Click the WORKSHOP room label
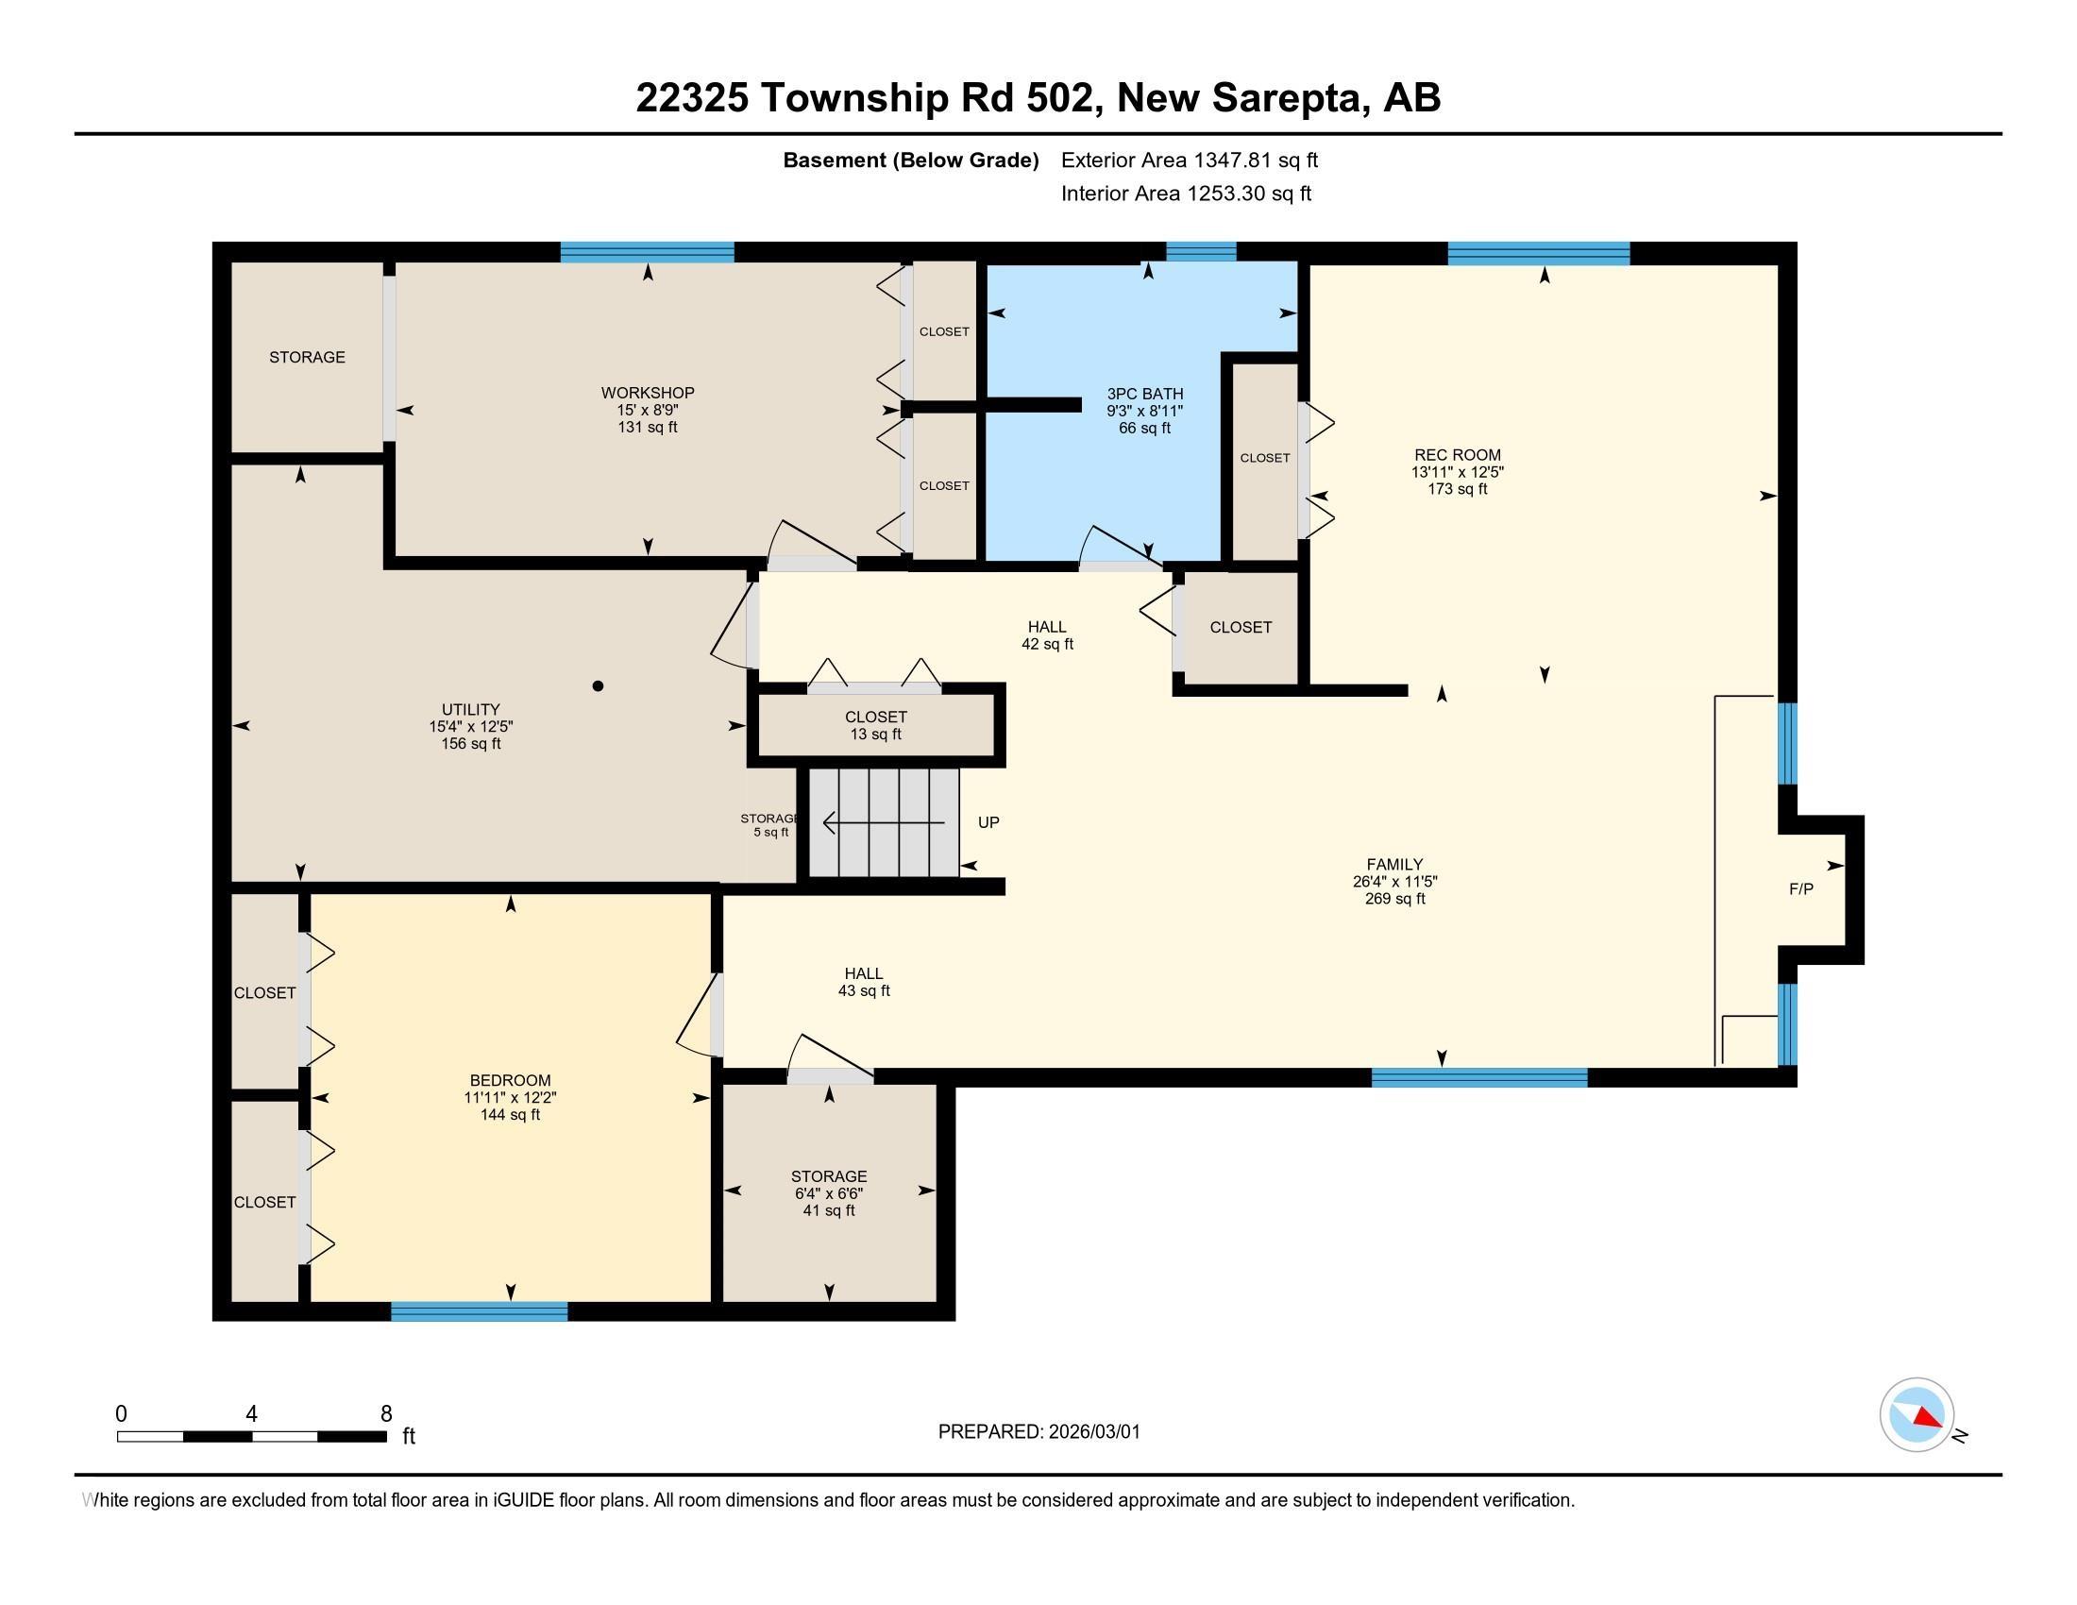pyautogui.click(x=647, y=393)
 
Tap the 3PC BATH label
pyautogui.click(x=1144, y=394)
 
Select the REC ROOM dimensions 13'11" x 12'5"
pyautogui.click(x=1457, y=472)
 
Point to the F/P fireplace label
pyautogui.click(x=1800, y=889)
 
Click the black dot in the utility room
pyautogui.click(x=598, y=685)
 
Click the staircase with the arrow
pyautogui.click(x=884, y=822)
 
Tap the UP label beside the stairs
pyautogui.click(x=988, y=822)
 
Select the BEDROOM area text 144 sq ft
pyautogui.click(x=510, y=1114)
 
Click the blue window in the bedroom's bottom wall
pyautogui.click(x=480, y=1311)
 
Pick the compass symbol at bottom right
pyautogui.click(x=1917, y=1414)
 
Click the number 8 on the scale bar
pyautogui.click(x=386, y=1414)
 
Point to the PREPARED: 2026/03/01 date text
pyautogui.click(x=1038, y=1432)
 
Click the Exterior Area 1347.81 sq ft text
pyautogui.click(x=1189, y=160)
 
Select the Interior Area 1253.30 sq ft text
pyautogui.click(x=1186, y=193)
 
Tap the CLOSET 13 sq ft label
pyautogui.click(x=875, y=725)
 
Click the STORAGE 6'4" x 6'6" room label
pyautogui.click(x=828, y=1176)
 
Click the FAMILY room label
pyautogui.click(x=1394, y=864)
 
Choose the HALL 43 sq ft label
pyautogui.click(x=864, y=981)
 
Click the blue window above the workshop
pyautogui.click(x=647, y=252)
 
